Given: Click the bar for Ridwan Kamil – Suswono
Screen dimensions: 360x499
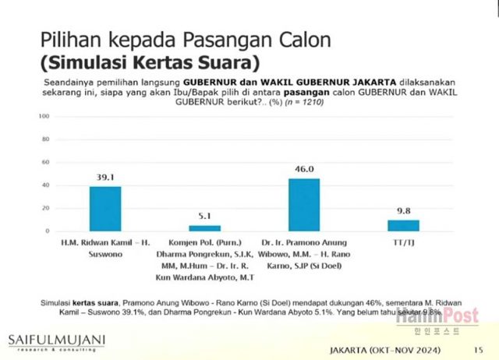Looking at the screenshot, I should click(105, 209).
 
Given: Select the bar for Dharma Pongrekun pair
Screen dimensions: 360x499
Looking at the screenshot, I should click(205, 228).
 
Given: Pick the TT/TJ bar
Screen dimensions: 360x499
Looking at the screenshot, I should click(403, 225).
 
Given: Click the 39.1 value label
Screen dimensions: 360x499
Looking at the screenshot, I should click(105, 178).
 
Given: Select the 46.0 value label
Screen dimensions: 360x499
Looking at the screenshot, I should click(304, 169).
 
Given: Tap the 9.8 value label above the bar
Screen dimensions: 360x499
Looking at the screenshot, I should click(403, 210).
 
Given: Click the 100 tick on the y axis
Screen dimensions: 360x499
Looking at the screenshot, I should click(45, 116).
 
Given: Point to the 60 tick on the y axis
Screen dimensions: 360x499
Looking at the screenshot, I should click(47, 162).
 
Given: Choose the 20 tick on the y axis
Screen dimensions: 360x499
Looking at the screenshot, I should click(47, 208).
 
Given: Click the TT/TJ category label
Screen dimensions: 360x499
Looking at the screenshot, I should click(403, 242).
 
